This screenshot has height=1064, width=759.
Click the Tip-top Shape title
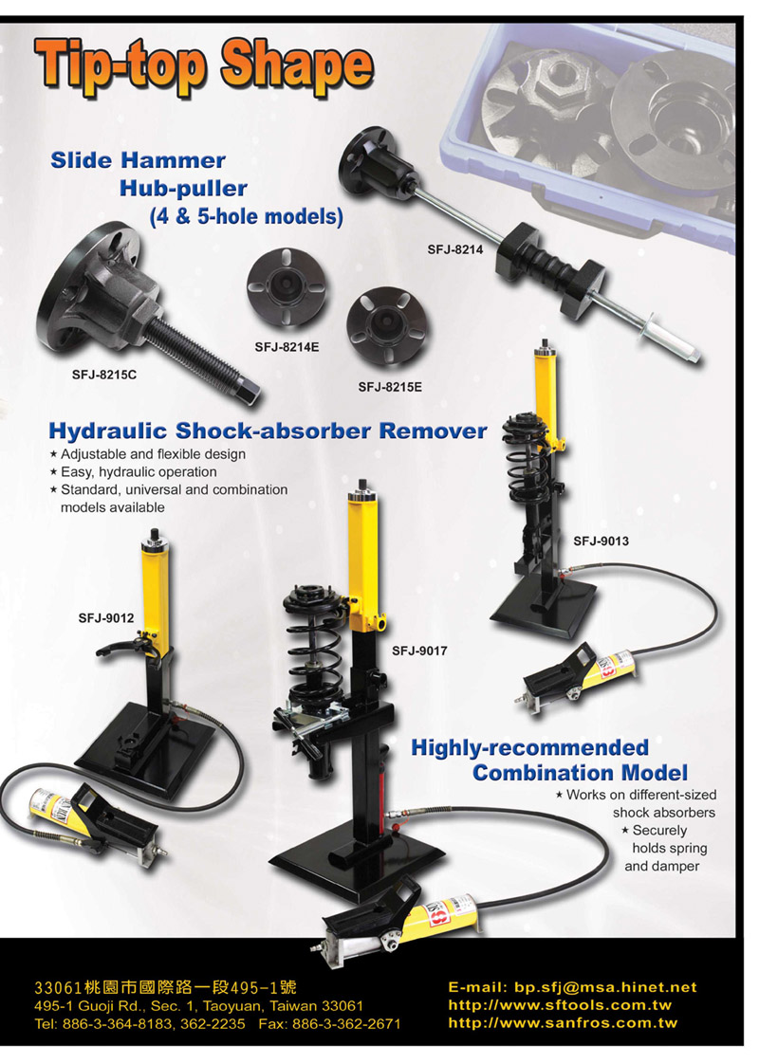tap(204, 66)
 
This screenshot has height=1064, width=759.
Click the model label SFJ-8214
tap(454, 249)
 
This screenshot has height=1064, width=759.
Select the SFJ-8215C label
tap(103, 375)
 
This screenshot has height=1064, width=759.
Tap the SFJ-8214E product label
tap(287, 347)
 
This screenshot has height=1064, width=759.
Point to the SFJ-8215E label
tap(390, 388)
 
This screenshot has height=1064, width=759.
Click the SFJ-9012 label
tap(106, 618)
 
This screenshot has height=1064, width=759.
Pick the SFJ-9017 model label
tap(419, 651)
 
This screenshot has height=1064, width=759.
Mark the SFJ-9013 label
tap(601, 541)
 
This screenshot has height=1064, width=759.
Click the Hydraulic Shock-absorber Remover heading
tap(268, 431)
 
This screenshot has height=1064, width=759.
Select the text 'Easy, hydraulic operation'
tap(139, 472)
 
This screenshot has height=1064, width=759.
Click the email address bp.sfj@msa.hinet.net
tap(605, 988)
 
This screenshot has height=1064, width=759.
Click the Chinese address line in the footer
tap(165, 987)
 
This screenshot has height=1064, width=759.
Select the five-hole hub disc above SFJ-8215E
tap(387, 327)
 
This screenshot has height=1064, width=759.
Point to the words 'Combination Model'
tap(580, 773)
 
